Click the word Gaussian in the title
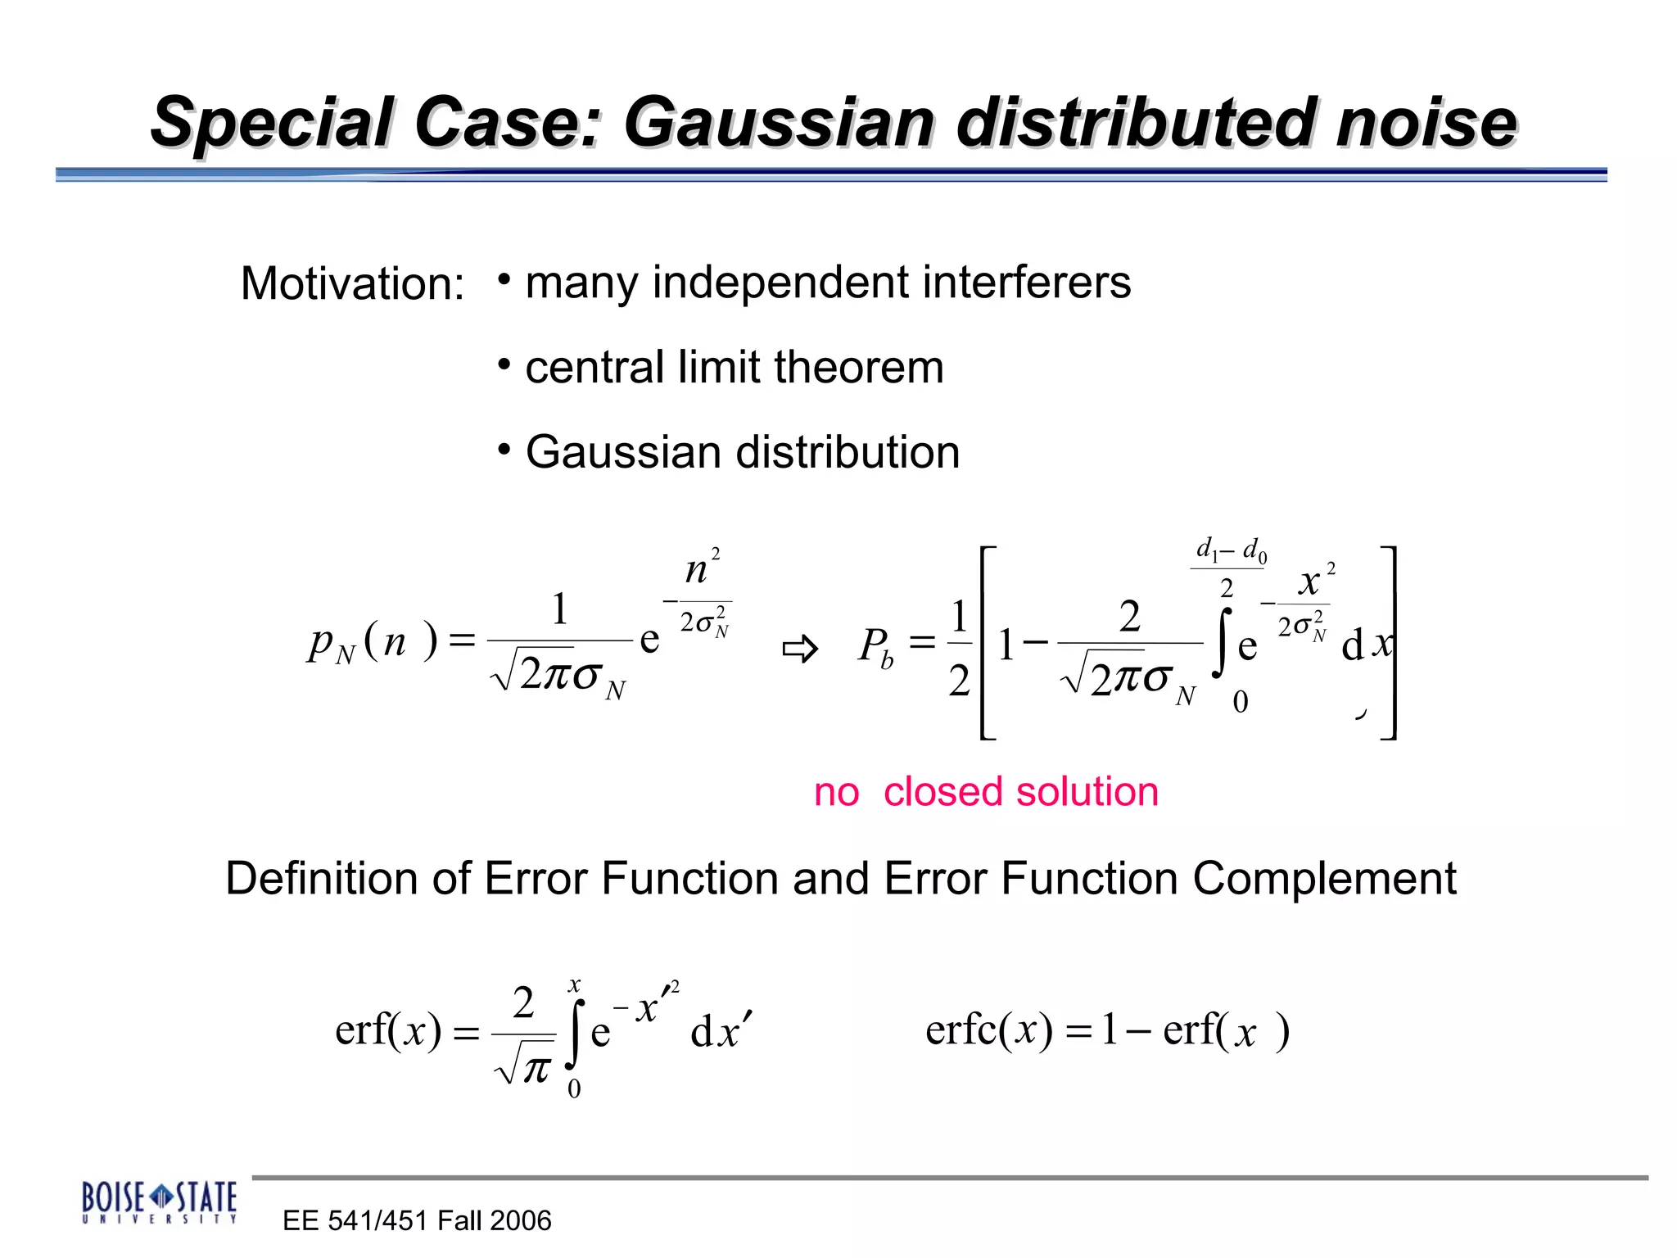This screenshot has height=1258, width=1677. tap(778, 123)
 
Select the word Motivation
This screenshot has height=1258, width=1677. tap(352, 284)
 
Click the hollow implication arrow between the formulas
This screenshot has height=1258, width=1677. tap(799, 649)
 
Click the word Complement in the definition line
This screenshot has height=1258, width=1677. tap(1324, 879)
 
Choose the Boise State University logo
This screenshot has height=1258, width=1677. tap(159, 1202)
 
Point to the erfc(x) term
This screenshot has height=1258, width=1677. tap(989, 1030)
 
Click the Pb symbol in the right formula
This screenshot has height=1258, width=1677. tap(875, 647)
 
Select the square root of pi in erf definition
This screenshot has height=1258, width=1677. tap(525, 1067)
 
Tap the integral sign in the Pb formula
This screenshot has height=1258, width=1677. tap(1223, 643)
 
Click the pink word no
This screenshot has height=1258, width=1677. tap(836, 792)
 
